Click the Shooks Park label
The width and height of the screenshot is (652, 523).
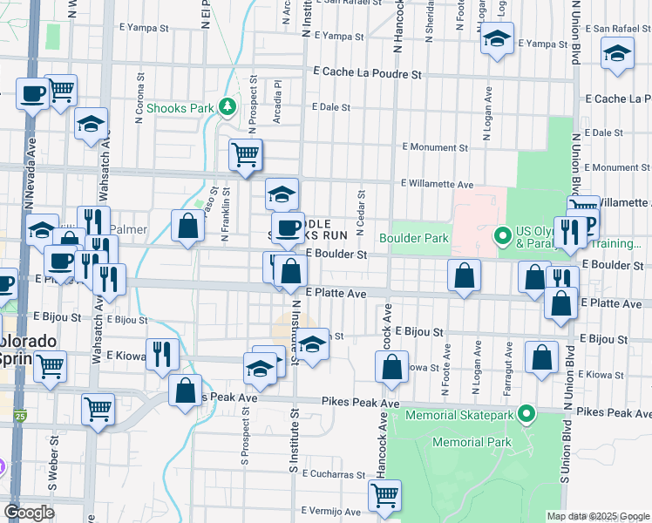click(180, 108)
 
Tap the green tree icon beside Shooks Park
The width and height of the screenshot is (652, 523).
click(228, 107)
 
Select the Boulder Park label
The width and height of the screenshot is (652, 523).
click(412, 237)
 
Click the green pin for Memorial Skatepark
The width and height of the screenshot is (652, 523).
click(526, 413)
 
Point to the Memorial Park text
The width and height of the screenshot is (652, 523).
click(468, 443)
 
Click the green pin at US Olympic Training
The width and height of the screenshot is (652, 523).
click(502, 235)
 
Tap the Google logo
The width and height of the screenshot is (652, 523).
click(29, 513)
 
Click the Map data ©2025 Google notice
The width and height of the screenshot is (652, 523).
click(598, 516)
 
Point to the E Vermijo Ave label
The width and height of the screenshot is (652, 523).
click(330, 511)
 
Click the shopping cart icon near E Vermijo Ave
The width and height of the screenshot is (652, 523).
click(384, 495)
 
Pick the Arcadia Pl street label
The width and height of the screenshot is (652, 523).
click(276, 102)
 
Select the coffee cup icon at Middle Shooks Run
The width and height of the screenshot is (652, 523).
click(287, 228)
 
